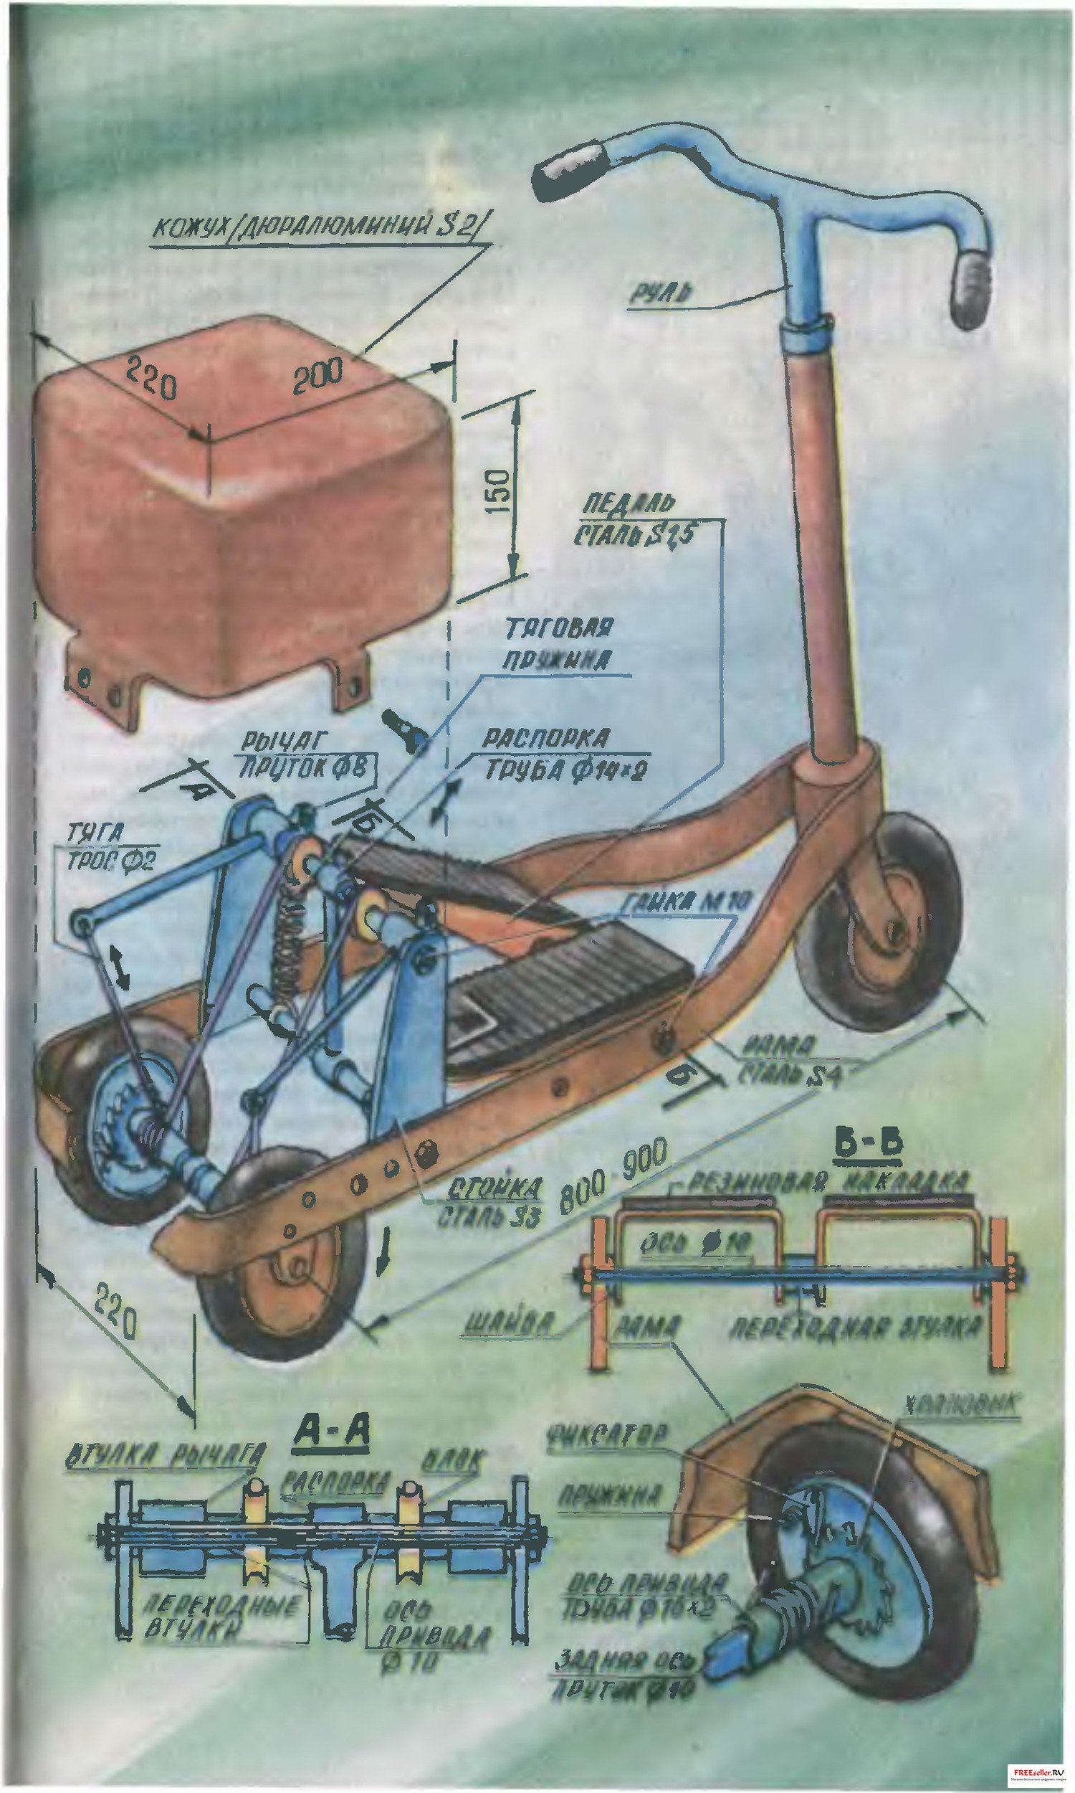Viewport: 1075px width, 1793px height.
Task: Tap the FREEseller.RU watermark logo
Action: pyautogui.click(x=1031, y=1767)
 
